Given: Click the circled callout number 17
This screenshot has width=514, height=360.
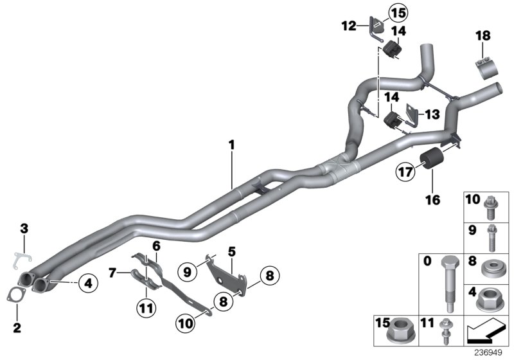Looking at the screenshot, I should coord(405,172).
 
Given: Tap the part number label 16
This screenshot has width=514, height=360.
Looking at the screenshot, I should coord(432,200).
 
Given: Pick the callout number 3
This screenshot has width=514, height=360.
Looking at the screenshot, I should coord(24,228).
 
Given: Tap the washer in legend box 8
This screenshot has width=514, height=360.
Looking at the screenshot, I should coord(490,267).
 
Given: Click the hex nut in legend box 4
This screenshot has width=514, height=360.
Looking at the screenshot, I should coord(490,300).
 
